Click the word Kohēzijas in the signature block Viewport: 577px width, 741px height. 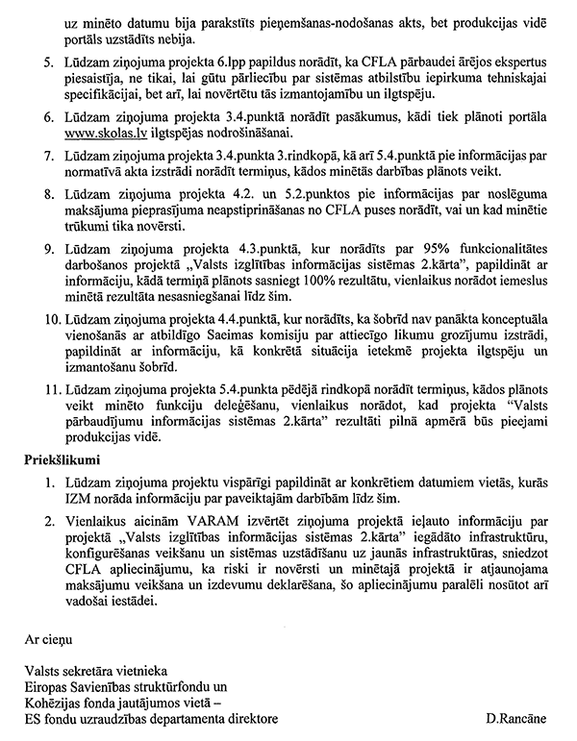click(56, 704)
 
